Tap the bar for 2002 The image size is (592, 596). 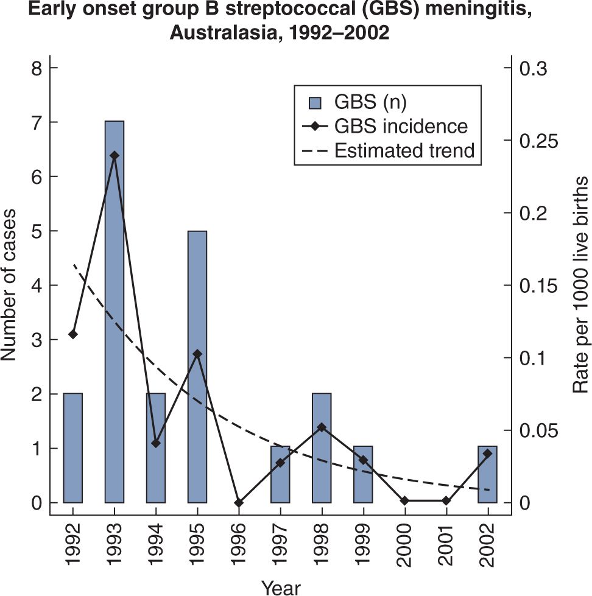[x=488, y=474]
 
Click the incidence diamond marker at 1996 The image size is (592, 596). [x=239, y=503]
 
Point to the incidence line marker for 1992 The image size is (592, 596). [x=73, y=334]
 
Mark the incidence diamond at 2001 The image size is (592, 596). [x=446, y=500]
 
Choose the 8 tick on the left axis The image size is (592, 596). [x=37, y=68]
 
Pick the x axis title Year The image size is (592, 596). [x=281, y=587]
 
